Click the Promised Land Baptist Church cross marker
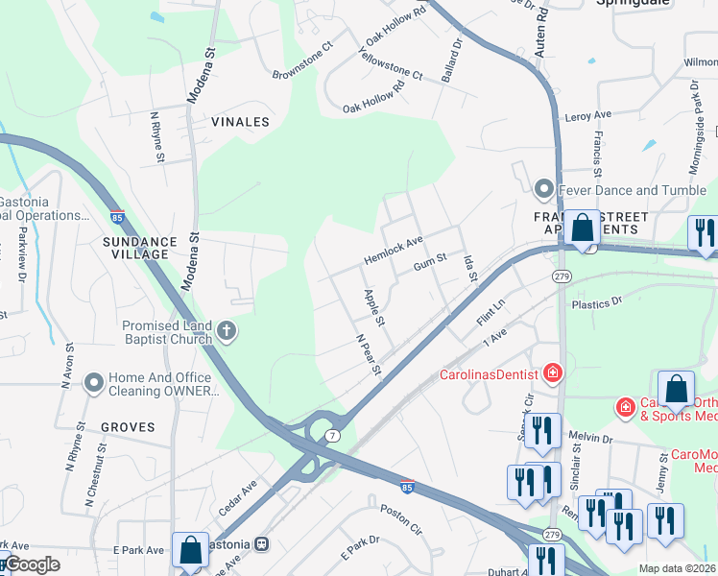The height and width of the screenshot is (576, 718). [x=227, y=331]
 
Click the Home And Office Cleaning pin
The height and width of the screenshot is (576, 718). [x=94, y=384]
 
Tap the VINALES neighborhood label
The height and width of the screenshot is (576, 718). [x=241, y=123]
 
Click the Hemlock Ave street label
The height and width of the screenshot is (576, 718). [x=393, y=252]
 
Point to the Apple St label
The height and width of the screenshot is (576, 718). [x=374, y=306]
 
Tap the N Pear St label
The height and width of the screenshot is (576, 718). [x=369, y=355]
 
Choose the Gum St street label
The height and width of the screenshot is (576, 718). [x=430, y=260]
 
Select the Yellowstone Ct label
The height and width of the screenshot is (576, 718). [x=390, y=60]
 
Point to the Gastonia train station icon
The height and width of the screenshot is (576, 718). [x=261, y=543]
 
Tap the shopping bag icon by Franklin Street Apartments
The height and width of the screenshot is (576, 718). [x=582, y=229]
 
